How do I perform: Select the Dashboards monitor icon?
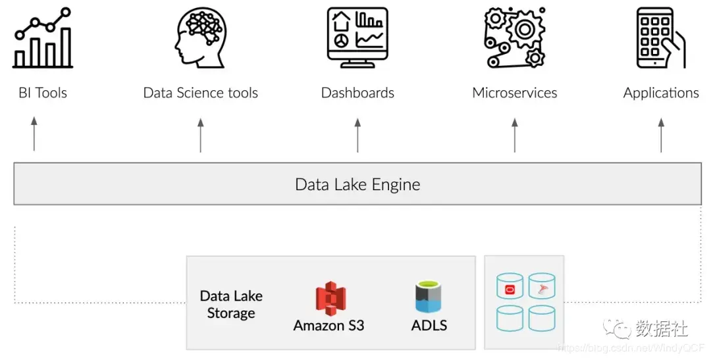coord(357,38)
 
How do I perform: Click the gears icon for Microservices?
coord(515,38)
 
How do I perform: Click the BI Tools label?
coord(43,93)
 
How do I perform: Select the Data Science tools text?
coord(200,93)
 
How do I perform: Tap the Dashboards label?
coord(357,93)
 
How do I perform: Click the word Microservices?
coord(514,93)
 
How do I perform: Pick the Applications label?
coord(661,93)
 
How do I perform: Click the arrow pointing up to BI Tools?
coord(34,134)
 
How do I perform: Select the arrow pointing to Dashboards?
coord(357,134)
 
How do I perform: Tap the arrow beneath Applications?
coord(661,134)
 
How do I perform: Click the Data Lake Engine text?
coord(357,184)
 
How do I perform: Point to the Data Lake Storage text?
coord(231,305)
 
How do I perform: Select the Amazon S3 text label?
coord(329,325)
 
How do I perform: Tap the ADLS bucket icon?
coord(429,297)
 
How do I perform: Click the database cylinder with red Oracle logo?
coord(510,287)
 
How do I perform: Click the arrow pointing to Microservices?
coord(515,134)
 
